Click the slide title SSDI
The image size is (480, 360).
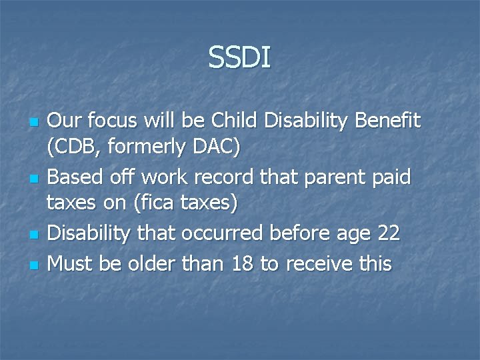[x=239, y=57]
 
